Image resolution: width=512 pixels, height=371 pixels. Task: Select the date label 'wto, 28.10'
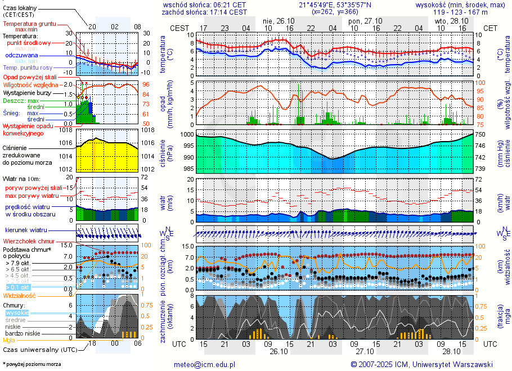452,20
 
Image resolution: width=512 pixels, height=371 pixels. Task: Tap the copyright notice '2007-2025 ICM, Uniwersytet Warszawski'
426,364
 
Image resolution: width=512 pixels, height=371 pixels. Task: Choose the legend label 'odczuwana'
21,55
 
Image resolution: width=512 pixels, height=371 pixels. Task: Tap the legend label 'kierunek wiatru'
26,230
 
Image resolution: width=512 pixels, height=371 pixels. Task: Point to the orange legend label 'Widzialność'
20,295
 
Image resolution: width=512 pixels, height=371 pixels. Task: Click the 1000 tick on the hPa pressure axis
187,135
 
